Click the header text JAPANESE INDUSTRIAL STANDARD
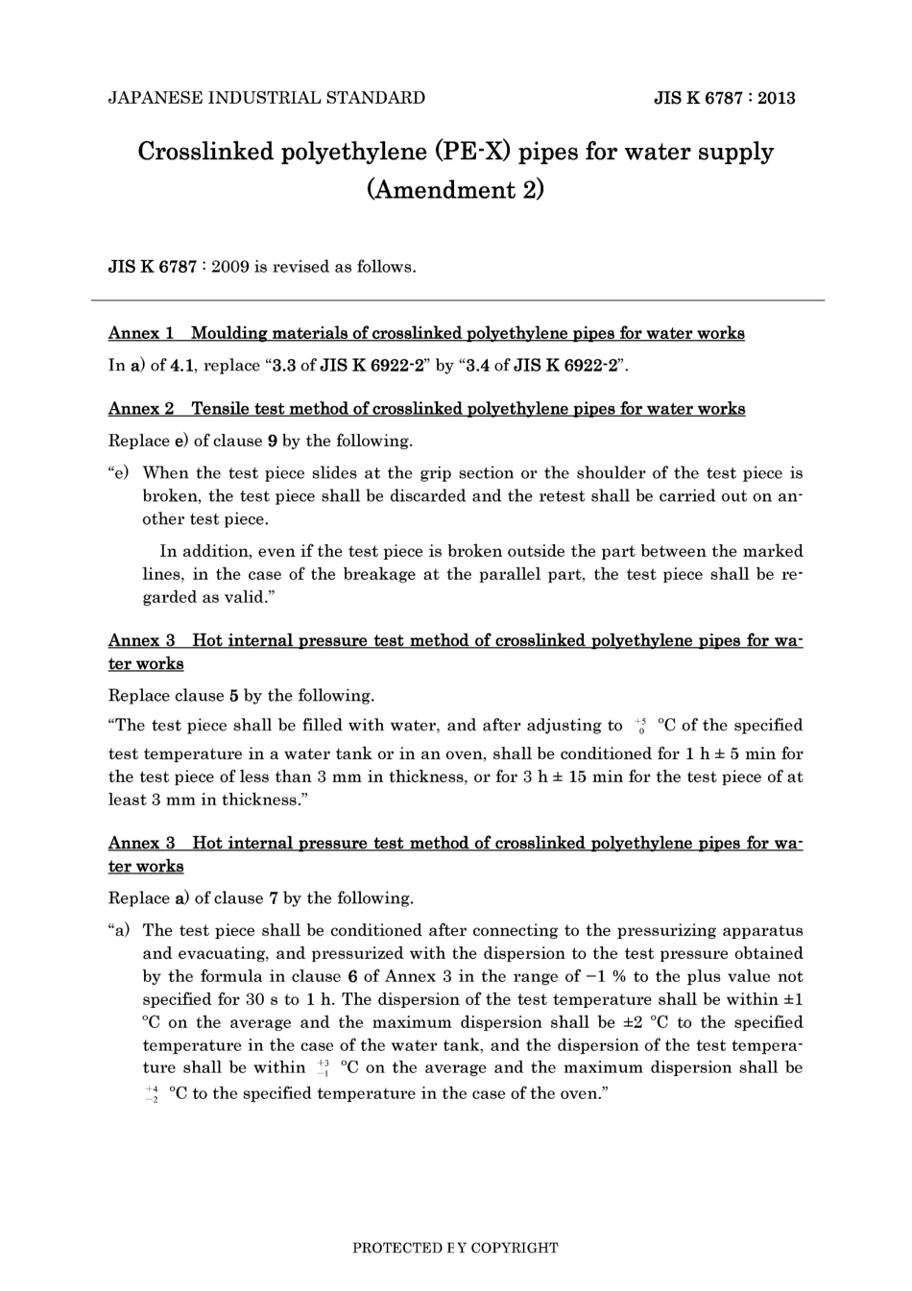pyautogui.click(x=267, y=98)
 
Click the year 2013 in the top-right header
pyautogui.click(x=776, y=98)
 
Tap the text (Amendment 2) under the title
pyautogui.click(x=455, y=189)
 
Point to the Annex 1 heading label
pyautogui.click(x=141, y=333)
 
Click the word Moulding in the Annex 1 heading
pyautogui.click(x=229, y=333)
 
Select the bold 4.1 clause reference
pyautogui.click(x=183, y=366)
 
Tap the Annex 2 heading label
pyautogui.click(x=141, y=409)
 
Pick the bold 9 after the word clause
pyautogui.click(x=273, y=442)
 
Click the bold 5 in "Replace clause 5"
pyautogui.click(x=234, y=696)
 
